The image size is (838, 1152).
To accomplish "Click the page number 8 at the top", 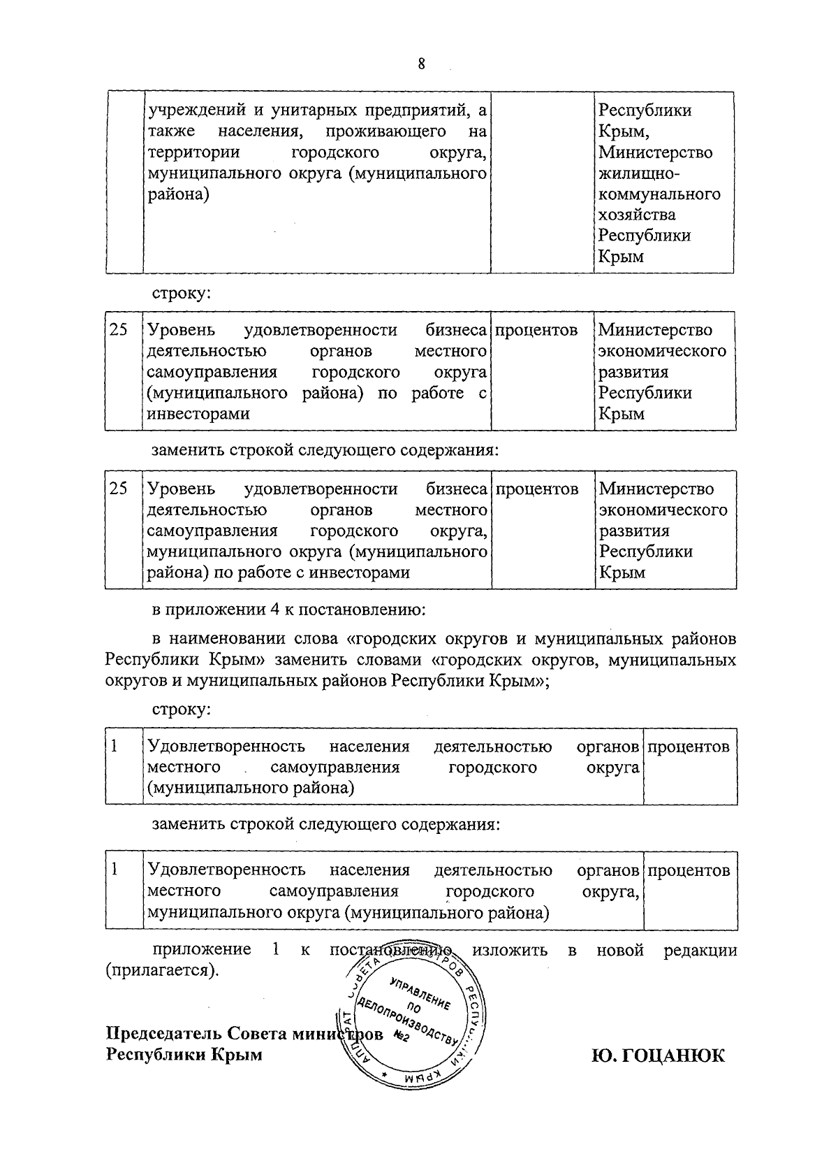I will point(421,64).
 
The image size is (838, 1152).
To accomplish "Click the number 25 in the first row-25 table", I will point(119,330).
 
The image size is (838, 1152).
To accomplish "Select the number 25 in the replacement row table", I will point(119,489).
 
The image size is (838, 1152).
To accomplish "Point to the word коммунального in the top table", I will point(659,194).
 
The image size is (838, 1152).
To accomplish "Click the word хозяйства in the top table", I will point(636,215).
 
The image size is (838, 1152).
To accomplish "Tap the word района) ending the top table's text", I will point(178,194).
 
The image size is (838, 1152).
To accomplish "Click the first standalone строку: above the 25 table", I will point(182,294).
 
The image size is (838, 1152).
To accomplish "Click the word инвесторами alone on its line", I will point(198,414).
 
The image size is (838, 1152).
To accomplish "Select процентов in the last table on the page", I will point(689,870).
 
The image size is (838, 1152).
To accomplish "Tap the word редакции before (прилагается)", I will point(700,950).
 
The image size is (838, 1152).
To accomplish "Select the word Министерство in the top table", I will point(655,152).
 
